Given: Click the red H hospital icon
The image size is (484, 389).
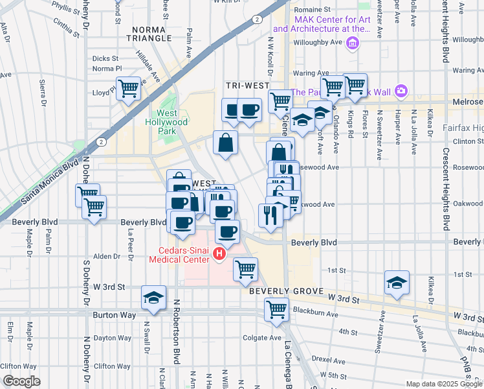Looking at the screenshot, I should tap(219, 254).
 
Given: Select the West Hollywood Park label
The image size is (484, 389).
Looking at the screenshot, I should tap(168, 122).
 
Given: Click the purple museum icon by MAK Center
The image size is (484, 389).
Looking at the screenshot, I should tap(353, 44).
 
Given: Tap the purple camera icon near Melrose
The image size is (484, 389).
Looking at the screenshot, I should tap(401, 90).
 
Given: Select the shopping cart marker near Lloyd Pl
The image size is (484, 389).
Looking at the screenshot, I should tap(128, 88).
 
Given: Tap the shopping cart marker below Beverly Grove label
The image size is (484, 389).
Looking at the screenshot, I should tap(277, 309).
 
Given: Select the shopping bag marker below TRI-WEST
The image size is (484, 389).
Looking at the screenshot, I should tap(225, 143).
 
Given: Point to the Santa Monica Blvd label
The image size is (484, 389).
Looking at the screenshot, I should tap(50, 178).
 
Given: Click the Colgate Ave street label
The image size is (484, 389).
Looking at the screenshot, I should tap(262, 338).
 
